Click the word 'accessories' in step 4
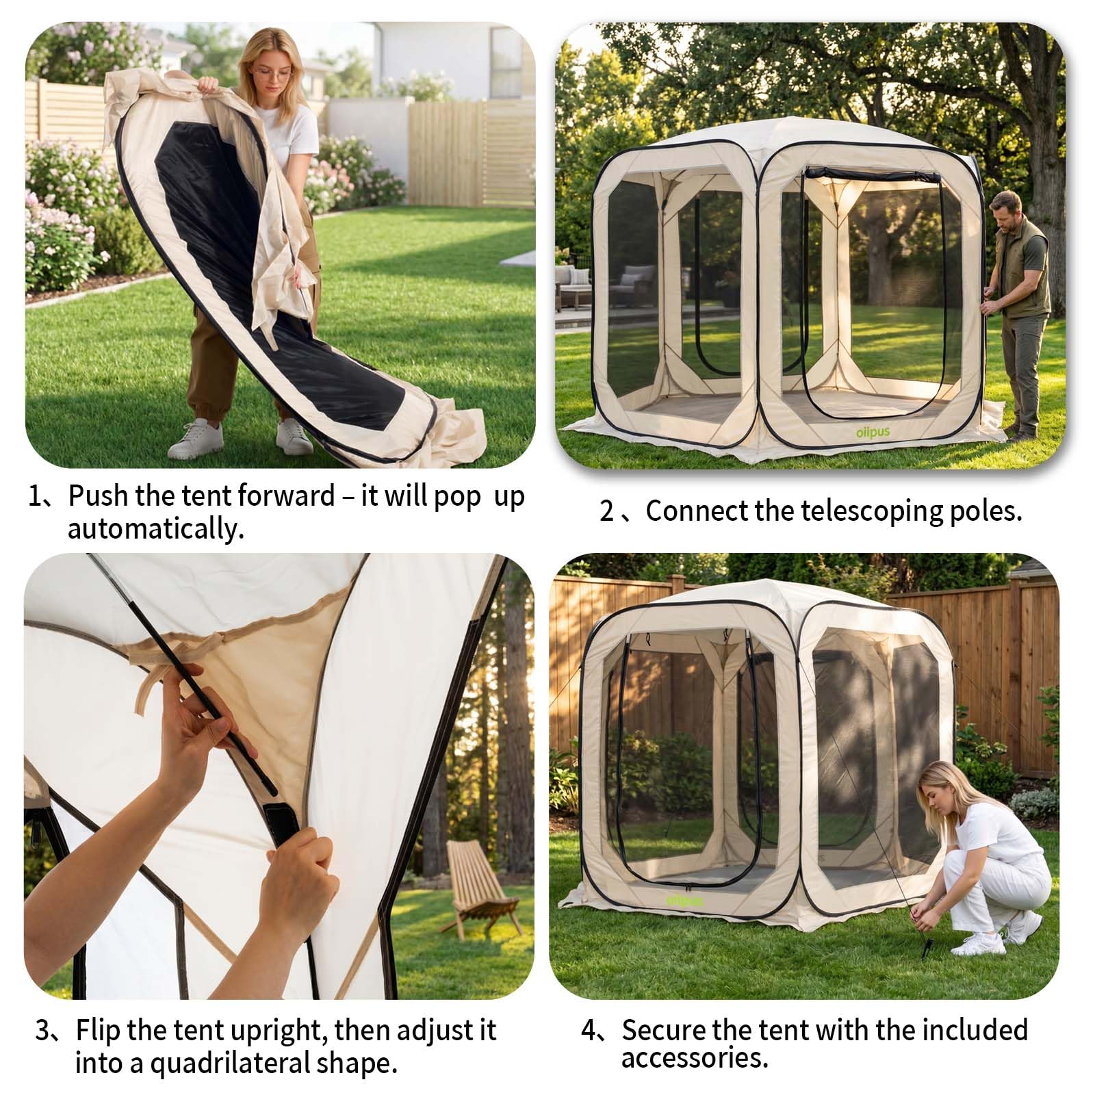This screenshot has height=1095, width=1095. click(695, 1058)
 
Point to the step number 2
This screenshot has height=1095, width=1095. click(606, 511)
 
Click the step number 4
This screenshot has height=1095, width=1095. click(589, 1031)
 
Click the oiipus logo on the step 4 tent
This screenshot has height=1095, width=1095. click(684, 901)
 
